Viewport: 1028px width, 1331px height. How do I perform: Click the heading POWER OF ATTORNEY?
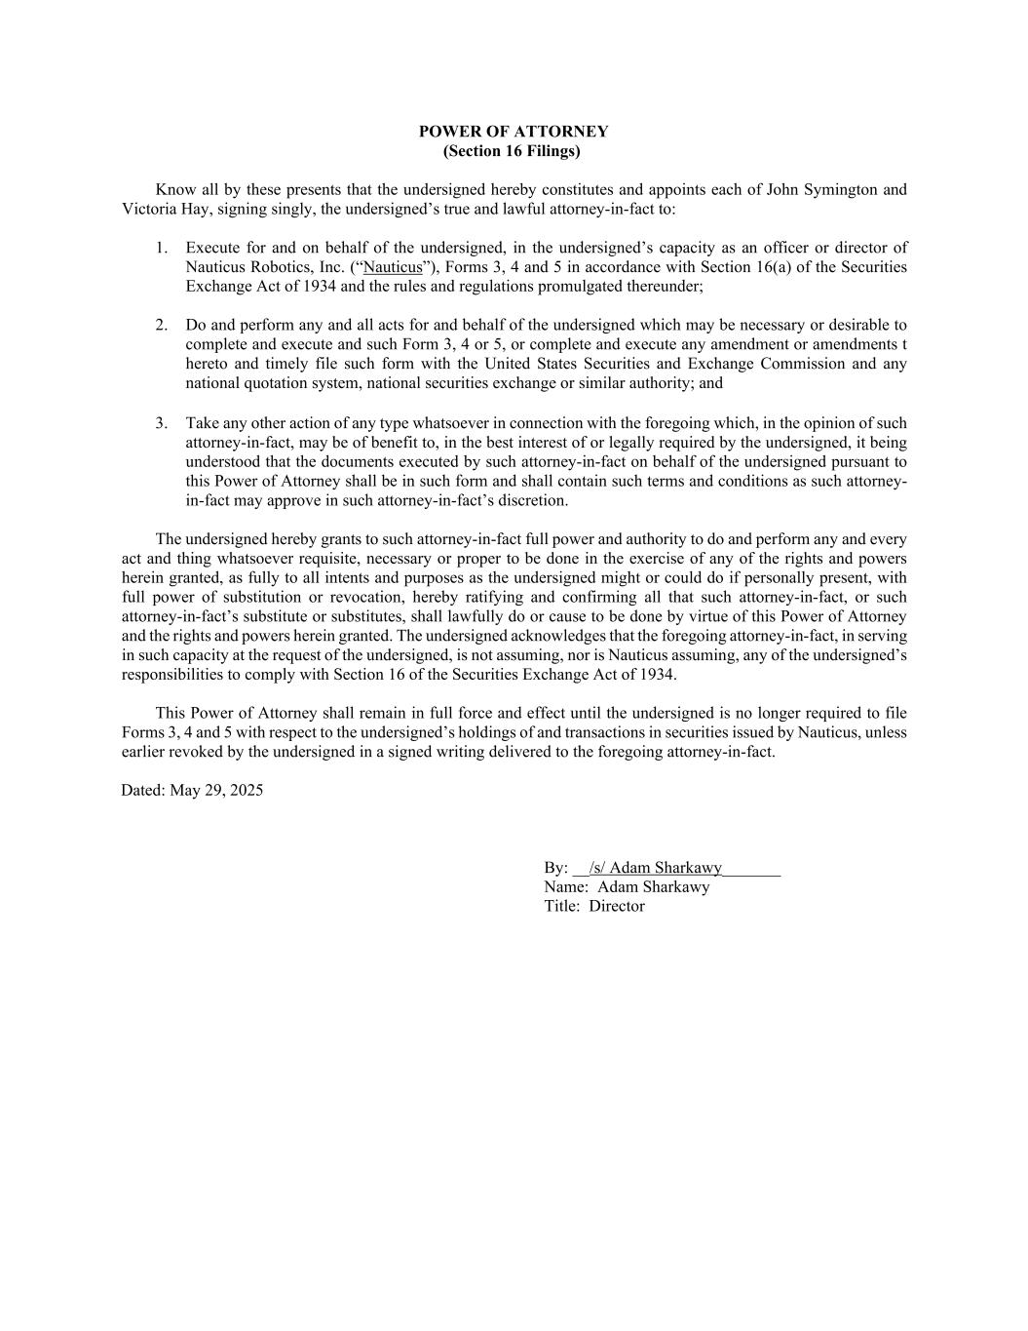click(514, 132)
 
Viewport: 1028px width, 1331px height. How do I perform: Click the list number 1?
click(161, 248)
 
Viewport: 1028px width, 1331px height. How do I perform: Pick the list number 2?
click(161, 325)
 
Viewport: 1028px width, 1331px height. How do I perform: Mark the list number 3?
click(161, 423)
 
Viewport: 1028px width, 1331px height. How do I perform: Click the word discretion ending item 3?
click(532, 500)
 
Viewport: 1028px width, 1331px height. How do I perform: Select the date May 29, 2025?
click(216, 791)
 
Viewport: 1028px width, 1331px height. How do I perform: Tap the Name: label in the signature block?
click(566, 887)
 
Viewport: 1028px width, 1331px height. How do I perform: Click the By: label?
click(555, 868)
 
